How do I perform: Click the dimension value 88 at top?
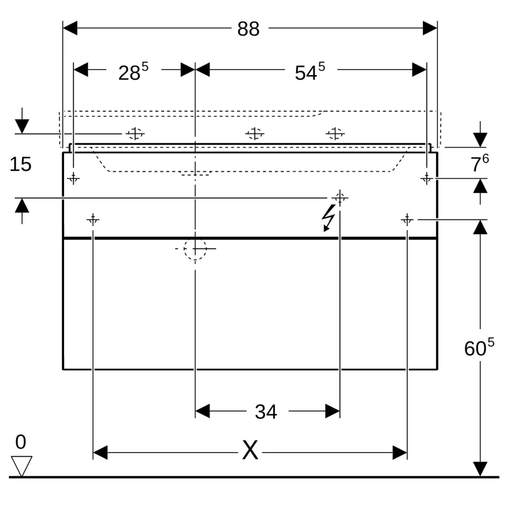point(248,29)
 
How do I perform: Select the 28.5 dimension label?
point(132,72)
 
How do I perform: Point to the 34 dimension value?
point(266,412)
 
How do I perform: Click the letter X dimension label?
point(250,451)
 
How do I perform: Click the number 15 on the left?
point(20,164)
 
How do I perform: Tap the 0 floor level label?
point(20,443)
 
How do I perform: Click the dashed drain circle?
point(195,248)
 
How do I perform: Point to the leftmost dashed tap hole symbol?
point(135,134)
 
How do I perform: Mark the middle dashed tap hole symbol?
point(254,134)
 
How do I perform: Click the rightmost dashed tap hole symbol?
point(335,134)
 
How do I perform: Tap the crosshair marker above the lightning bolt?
point(340,197)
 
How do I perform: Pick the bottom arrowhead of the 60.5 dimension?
point(480,469)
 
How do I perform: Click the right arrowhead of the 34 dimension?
point(332,411)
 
